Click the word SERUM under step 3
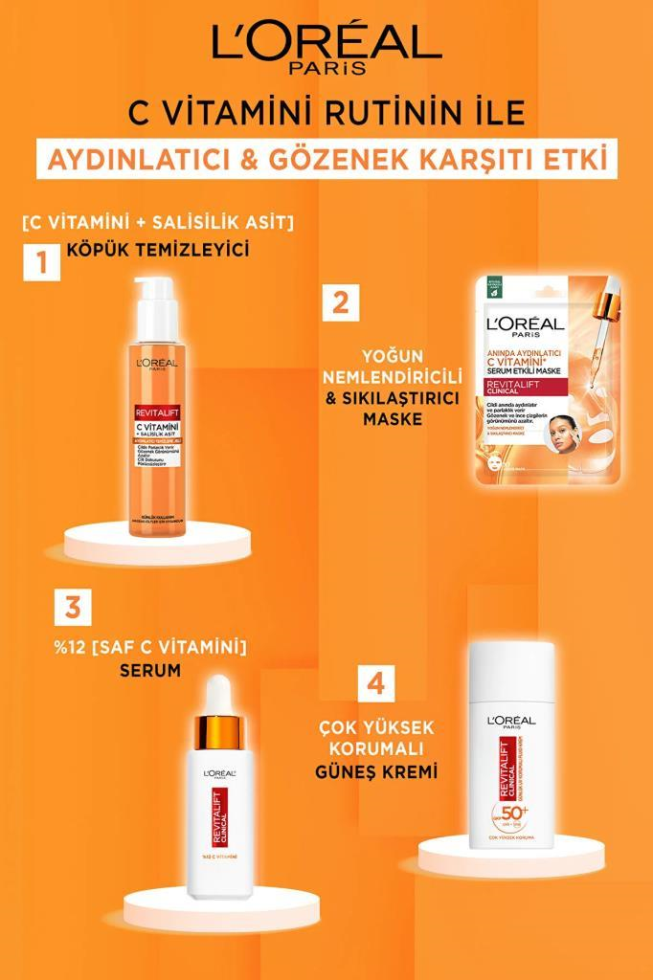coord(150,671)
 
